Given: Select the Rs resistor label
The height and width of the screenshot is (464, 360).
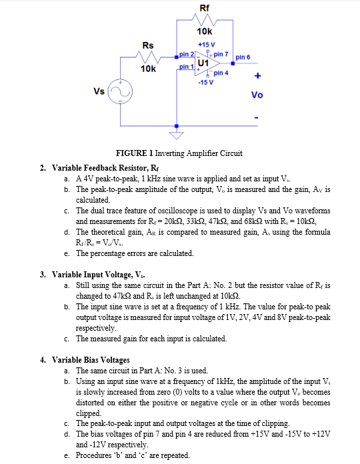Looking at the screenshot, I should pyautogui.click(x=149, y=45).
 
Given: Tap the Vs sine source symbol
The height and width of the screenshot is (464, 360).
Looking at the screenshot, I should pyautogui.click(x=121, y=91).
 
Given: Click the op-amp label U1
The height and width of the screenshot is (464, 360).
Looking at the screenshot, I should pyautogui.click(x=203, y=63).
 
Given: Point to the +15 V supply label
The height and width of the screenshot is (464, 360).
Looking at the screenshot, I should pyautogui.click(x=205, y=44).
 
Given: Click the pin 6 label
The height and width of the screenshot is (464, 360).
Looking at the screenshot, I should pyautogui.click(x=243, y=57).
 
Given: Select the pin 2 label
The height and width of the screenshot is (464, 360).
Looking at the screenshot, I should pyautogui.click(x=187, y=53).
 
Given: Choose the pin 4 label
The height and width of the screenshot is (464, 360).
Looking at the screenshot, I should pyautogui.click(x=221, y=73).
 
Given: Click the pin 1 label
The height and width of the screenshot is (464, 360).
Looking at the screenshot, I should pyautogui.click(x=187, y=68).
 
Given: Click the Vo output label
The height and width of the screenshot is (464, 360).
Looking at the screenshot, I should pyautogui.click(x=257, y=95).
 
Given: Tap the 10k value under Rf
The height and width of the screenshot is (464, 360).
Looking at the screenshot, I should pyautogui.click(x=205, y=31).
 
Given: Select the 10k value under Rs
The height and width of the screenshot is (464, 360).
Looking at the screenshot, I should pyautogui.click(x=149, y=69).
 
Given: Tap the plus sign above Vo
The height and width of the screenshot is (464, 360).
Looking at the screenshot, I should pyautogui.click(x=257, y=77).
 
